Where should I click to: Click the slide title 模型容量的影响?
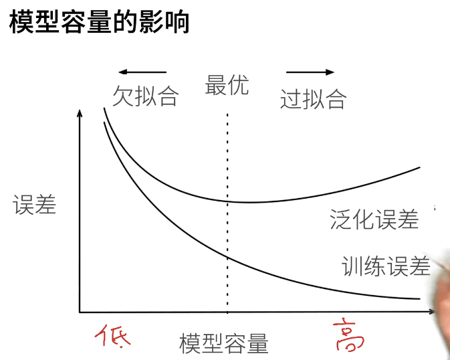99,21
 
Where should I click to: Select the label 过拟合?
313,99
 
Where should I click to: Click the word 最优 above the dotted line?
227,85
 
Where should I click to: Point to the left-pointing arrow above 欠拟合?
142,71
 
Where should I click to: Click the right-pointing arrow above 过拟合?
310,71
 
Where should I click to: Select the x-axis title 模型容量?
224,344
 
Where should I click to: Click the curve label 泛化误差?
374,219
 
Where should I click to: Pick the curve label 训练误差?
386,267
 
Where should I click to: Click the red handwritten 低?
111,335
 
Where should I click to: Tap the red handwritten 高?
348,335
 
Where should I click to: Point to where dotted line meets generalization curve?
227,200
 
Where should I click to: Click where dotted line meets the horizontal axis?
227,312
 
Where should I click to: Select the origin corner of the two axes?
80,312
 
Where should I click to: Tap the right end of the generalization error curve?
419,167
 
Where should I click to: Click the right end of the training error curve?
419,299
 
